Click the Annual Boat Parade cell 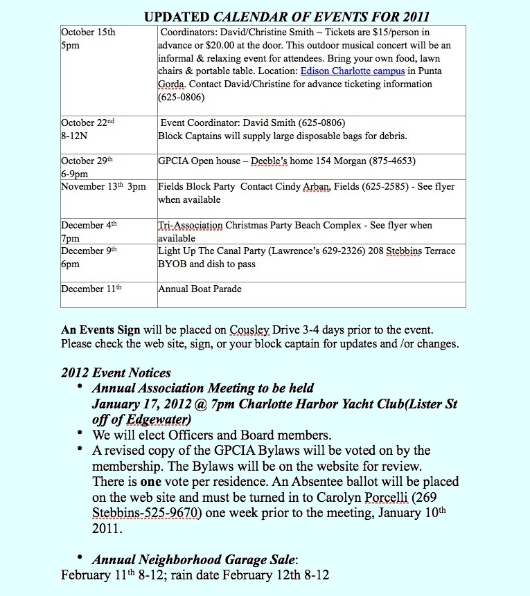tap(200, 289)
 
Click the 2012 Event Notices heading tap(116, 374)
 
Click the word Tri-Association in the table tap(191, 226)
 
